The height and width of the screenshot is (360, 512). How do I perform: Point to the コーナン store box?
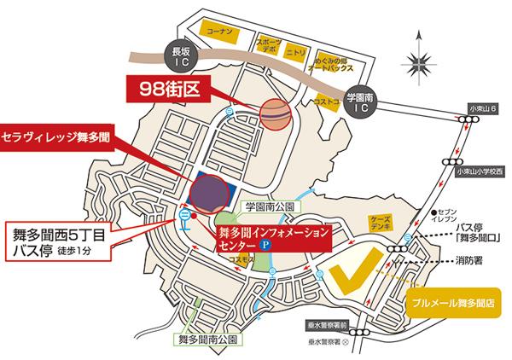coord(212,29)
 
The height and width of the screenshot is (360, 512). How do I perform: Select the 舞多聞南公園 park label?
coord(208,339)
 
